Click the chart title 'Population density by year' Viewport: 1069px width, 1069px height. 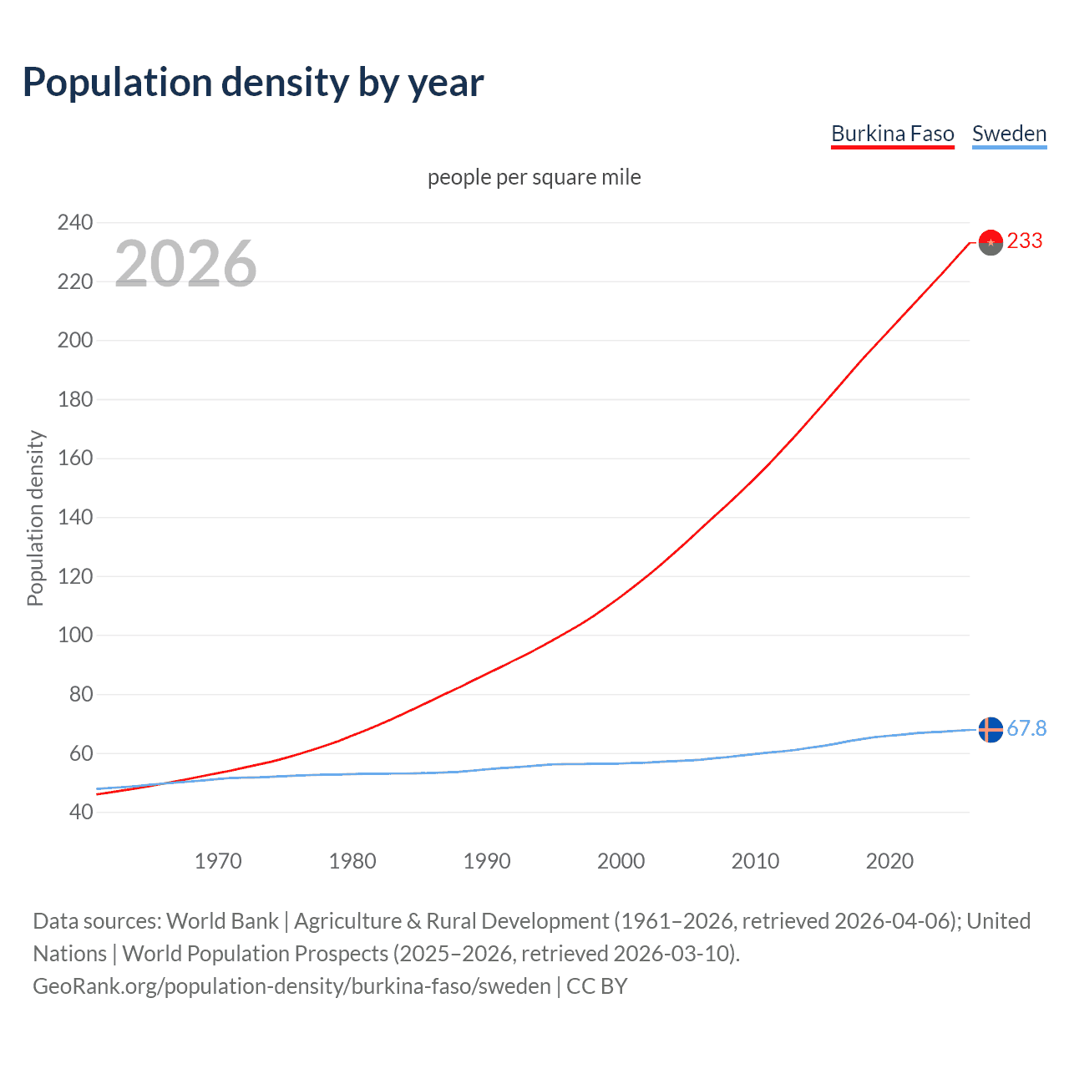tap(253, 83)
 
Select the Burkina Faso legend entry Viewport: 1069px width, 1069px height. tap(892, 134)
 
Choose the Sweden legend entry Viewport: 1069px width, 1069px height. tap(1009, 134)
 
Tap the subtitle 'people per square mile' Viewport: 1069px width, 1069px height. tap(534, 178)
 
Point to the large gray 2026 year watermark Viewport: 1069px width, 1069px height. tap(185, 264)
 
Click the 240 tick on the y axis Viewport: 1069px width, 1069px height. tap(75, 222)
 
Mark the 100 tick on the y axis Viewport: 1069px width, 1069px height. tap(75, 635)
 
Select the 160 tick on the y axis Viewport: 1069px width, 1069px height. tap(75, 458)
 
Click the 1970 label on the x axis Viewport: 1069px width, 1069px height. tap(218, 861)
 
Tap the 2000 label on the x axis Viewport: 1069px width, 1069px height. tap(621, 861)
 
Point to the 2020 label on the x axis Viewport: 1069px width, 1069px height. tap(889, 861)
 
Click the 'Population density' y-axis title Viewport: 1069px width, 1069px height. tap(35, 518)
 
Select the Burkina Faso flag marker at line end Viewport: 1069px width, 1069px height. tap(990, 242)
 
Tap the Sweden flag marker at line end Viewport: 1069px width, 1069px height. tap(990, 729)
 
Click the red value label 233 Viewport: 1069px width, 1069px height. tap(1025, 241)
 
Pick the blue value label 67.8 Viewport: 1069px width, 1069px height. tap(1026, 729)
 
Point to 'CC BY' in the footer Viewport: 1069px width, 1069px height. tap(596, 986)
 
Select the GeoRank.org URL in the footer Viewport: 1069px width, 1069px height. tap(291, 986)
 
